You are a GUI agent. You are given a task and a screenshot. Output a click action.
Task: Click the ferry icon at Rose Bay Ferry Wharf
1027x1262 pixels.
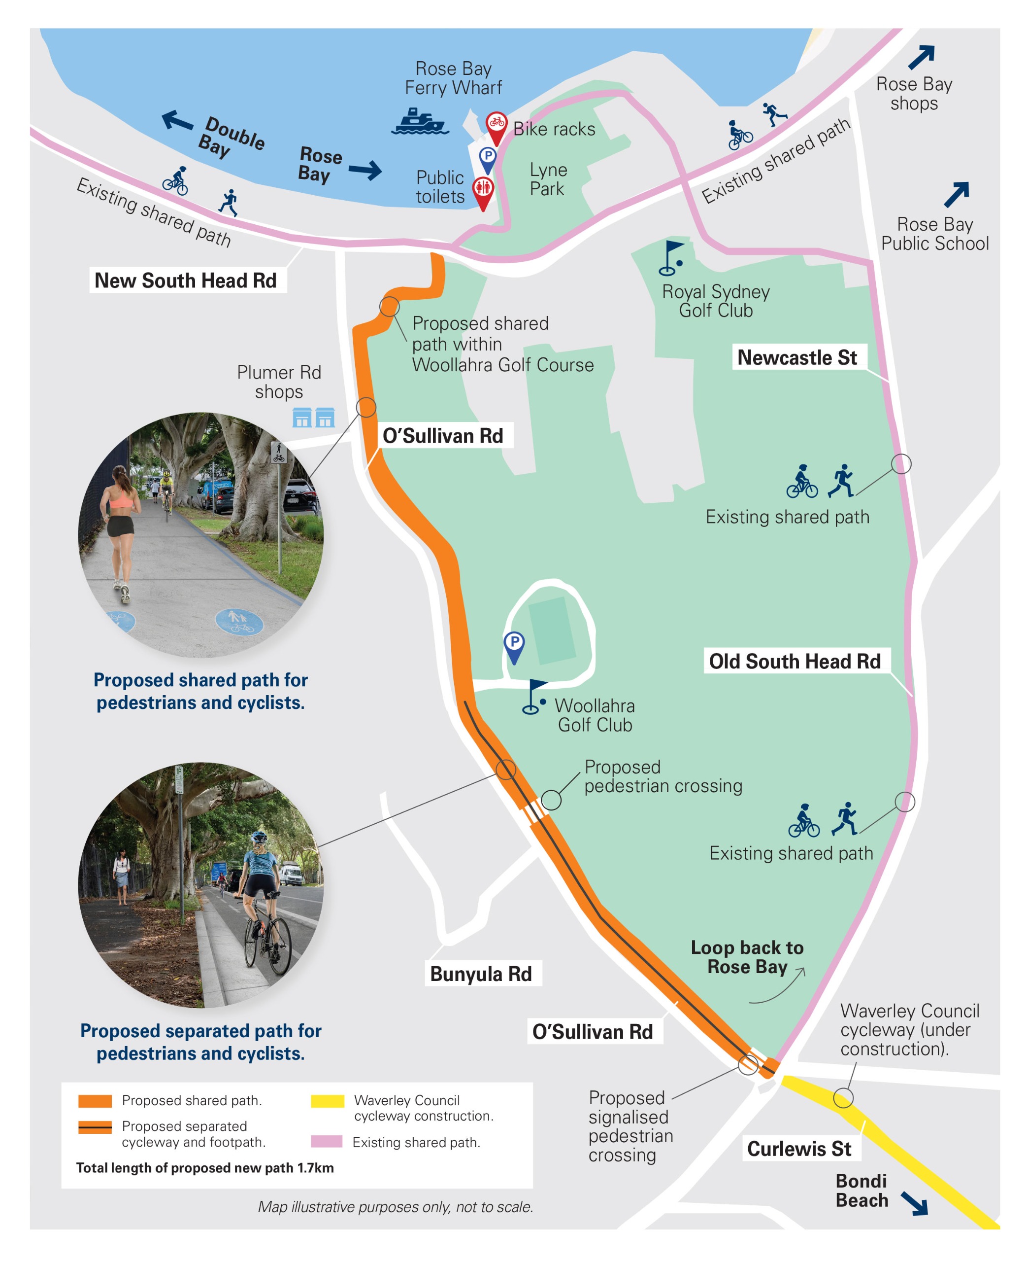point(420,121)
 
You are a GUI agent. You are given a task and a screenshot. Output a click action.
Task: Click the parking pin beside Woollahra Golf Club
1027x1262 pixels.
point(514,644)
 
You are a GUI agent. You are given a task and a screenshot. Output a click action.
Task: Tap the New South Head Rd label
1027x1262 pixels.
point(186,280)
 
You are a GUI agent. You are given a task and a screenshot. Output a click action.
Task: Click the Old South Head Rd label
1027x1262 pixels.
point(795,661)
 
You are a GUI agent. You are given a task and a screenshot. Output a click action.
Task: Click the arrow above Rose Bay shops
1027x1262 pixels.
point(921,57)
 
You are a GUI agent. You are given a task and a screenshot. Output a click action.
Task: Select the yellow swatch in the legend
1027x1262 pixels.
point(327,1101)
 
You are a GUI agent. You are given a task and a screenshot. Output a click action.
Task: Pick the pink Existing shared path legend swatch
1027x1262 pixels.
point(327,1141)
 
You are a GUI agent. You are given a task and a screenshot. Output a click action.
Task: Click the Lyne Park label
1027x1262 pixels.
point(548,179)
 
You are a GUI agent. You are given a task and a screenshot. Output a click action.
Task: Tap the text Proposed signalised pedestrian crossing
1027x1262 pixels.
point(630,1126)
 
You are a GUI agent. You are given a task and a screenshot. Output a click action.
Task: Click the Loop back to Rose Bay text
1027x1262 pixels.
point(747,957)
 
